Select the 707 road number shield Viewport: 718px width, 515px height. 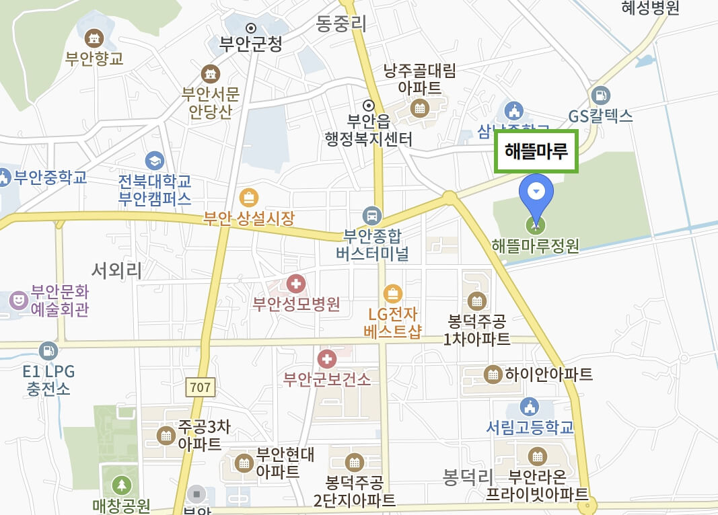click(200, 387)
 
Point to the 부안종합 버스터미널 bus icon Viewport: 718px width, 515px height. click(371, 216)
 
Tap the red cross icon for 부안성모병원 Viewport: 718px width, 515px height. click(295, 284)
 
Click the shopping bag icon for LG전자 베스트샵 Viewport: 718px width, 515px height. click(392, 293)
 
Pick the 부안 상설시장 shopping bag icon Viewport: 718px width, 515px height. click(249, 198)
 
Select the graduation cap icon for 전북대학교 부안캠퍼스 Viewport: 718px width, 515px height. click(155, 161)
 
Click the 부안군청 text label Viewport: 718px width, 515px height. click(251, 44)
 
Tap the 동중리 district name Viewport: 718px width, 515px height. click(341, 24)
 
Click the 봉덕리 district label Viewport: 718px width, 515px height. click(468, 477)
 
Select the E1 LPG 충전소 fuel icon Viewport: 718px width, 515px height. click(48, 350)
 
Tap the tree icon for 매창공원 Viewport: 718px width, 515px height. click(122, 485)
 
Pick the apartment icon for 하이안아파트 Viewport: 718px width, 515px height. click(493, 374)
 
